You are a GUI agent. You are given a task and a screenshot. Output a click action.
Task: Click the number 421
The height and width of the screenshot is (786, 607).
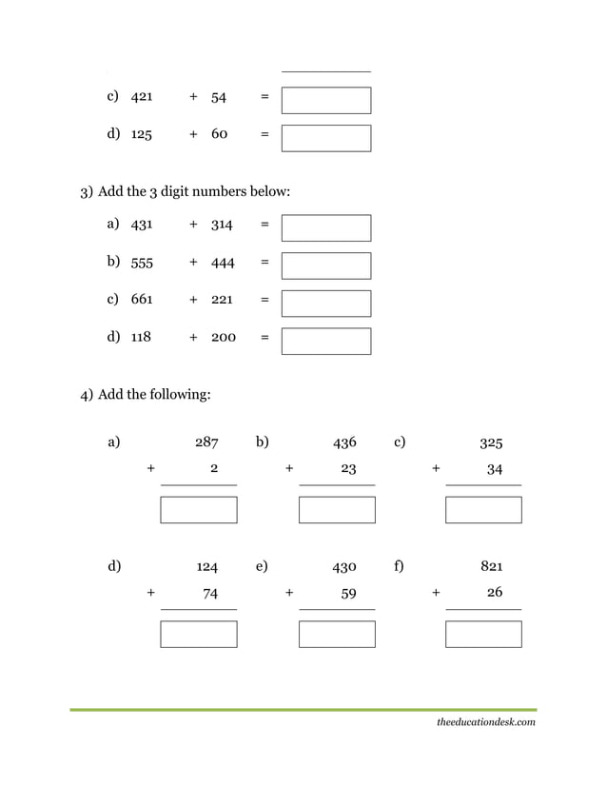coord(142,97)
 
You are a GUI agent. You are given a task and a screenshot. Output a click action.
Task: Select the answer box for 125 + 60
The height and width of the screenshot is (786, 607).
coord(326,138)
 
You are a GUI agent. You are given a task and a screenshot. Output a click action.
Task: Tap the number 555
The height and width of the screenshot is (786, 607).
coord(142,263)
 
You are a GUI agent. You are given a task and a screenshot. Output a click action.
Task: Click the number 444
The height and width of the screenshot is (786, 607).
coord(223,263)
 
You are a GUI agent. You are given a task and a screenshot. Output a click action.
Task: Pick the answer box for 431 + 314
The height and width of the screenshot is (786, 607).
coord(326,227)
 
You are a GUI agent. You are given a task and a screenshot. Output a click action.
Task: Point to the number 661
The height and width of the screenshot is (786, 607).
coord(142,300)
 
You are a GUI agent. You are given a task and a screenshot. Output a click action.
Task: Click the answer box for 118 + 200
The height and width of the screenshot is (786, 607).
coord(326,341)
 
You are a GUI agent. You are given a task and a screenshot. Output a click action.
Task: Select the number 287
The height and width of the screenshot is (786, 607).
coord(206,442)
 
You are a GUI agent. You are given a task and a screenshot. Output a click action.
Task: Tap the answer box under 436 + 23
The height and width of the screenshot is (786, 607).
coord(337,510)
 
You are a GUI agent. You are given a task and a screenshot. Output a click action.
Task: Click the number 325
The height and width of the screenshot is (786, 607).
coord(491,442)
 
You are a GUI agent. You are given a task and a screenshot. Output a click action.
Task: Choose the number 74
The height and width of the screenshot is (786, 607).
coord(210,593)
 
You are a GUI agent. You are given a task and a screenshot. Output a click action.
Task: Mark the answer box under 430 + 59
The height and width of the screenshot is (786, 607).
coord(337,634)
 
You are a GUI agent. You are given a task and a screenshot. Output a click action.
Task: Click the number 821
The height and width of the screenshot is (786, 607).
coord(491,566)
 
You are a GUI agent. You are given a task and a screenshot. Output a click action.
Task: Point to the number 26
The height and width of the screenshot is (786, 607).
coord(494,592)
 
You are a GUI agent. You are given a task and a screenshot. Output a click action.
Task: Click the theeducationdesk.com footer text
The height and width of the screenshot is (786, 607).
coord(485,722)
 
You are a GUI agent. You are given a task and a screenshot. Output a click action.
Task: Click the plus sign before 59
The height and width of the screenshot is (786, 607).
coord(289,592)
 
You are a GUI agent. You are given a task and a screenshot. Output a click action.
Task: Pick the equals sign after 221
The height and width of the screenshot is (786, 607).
coord(264,300)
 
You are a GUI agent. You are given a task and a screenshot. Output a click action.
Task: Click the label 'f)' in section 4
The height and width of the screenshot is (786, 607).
coord(399,566)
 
